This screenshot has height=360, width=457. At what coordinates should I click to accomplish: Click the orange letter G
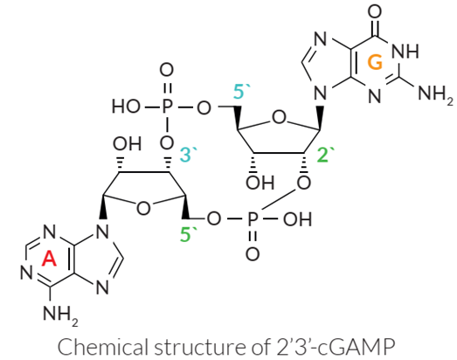pyautogui.click(x=375, y=62)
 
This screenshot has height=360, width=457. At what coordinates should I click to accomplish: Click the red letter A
pyautogui.click(x=49, y=259)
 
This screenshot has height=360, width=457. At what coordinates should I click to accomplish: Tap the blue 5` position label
pyautogui.click(x=241, y=92)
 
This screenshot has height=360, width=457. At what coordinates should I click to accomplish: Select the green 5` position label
pyautogui.click(x=188, y=234)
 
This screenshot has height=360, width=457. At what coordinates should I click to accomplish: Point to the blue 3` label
pyautogui.click(x=189, y=154)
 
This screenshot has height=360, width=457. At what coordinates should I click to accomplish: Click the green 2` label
pyautogui.click(x=326, y=154)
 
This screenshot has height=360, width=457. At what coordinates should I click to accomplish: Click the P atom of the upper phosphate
pyautogui.click(x=166, y=107)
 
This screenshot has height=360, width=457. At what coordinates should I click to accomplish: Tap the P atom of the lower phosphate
pyautogui.click(x=253, y=218)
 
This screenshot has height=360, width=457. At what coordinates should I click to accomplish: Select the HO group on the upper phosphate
pyautogui.click(x=126, y=107)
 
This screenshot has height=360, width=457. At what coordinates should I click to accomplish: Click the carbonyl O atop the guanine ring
pyautogui.click(x=375, y=12)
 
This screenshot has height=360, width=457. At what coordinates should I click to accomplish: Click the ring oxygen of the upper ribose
pyautogui.click(x=279, y=118)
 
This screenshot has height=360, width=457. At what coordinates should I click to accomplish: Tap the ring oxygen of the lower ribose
pyautogui.click(x=143, y=208)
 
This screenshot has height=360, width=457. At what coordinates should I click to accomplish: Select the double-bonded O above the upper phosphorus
pyautogui.click(x=166, y=70)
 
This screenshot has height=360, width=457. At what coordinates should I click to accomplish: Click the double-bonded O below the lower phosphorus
pyautogui.click(x=253, y=253)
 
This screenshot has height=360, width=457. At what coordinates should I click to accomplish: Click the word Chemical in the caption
pyautogui.click(x=101, y=347)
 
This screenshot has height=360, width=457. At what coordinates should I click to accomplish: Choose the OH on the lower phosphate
pyautogui.click(x=297, y=218)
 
